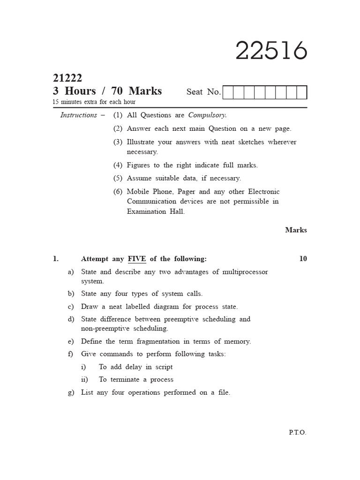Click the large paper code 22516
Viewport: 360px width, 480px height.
click(271, 51)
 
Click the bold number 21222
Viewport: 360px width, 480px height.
click(67, 78)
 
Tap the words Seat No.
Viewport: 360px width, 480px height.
click(203, 92)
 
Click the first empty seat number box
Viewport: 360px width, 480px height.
click(228, 92)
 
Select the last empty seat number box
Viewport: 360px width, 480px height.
click(302, 92)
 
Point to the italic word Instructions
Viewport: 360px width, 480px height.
click(79, 115)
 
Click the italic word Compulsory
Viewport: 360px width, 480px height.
click(207, 115)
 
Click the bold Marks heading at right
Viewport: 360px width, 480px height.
click(296, 230)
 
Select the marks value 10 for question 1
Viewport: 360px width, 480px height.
click(303, 259)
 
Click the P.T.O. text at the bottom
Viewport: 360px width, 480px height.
click(298, 432)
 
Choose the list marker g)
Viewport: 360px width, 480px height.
click(71, 392)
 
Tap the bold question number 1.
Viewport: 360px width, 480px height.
click(55, 259)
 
